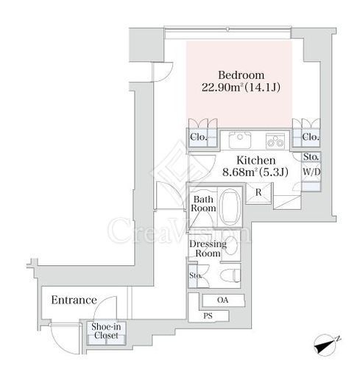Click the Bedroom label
[241, 75]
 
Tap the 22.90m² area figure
[223, 88]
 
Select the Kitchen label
[256, 161]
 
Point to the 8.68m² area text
[239, 172]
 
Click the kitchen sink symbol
[240, 140]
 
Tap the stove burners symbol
[275, 141]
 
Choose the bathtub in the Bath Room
[230, 207]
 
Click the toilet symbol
[230, 275]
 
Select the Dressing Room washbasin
[230, 245]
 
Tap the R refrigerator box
[258, 193]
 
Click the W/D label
[311, 172]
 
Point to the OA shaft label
[223, 300]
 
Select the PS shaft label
[208, 316]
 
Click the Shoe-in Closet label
[106, 331]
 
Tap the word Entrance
[74, 300]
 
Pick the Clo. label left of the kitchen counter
[199, 137]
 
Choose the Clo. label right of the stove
[311, 137]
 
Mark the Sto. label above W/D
[311, 157]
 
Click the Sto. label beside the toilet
[195, 275]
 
